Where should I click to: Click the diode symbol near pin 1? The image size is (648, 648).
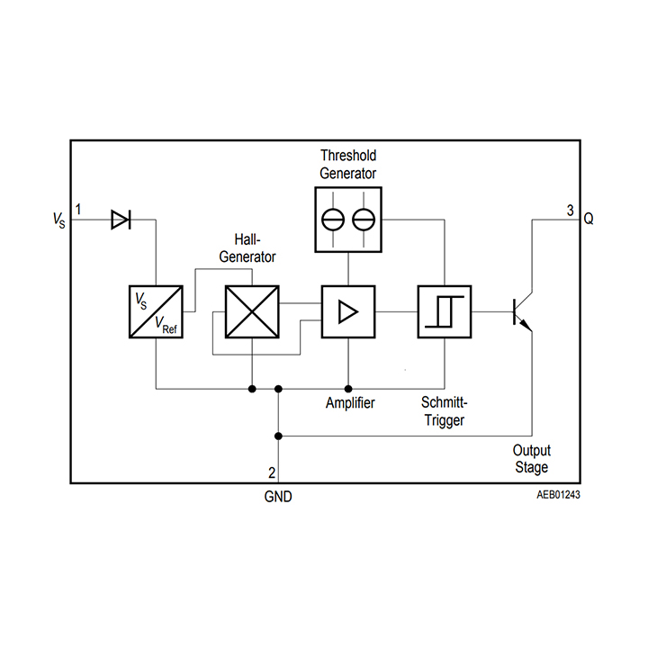click(121, 219)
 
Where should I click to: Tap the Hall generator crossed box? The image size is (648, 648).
click(252, 311)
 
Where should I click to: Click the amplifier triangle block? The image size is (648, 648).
click(348, 311)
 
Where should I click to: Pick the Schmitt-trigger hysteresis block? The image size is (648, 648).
click(445, 311)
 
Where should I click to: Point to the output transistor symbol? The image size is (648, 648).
click(521, 311)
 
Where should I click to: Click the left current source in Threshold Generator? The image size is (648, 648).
click(334, 219)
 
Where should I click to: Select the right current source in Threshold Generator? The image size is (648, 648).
click(364, 219)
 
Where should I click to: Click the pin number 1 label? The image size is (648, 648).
click(79, 210)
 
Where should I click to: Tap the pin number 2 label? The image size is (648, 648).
click(272, 472)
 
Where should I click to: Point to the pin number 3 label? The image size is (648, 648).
click(570, 211)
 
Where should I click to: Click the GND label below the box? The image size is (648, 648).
click(278, 496)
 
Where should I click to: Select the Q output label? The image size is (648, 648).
click(589, 219)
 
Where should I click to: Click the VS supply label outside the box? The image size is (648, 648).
click(59, 220)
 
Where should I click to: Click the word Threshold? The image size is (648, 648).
click(348, 156)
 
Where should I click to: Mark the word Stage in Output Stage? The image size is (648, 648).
click(531, 467)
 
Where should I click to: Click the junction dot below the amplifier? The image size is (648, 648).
click(348, 389)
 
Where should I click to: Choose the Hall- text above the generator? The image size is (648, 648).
click(247, 240)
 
